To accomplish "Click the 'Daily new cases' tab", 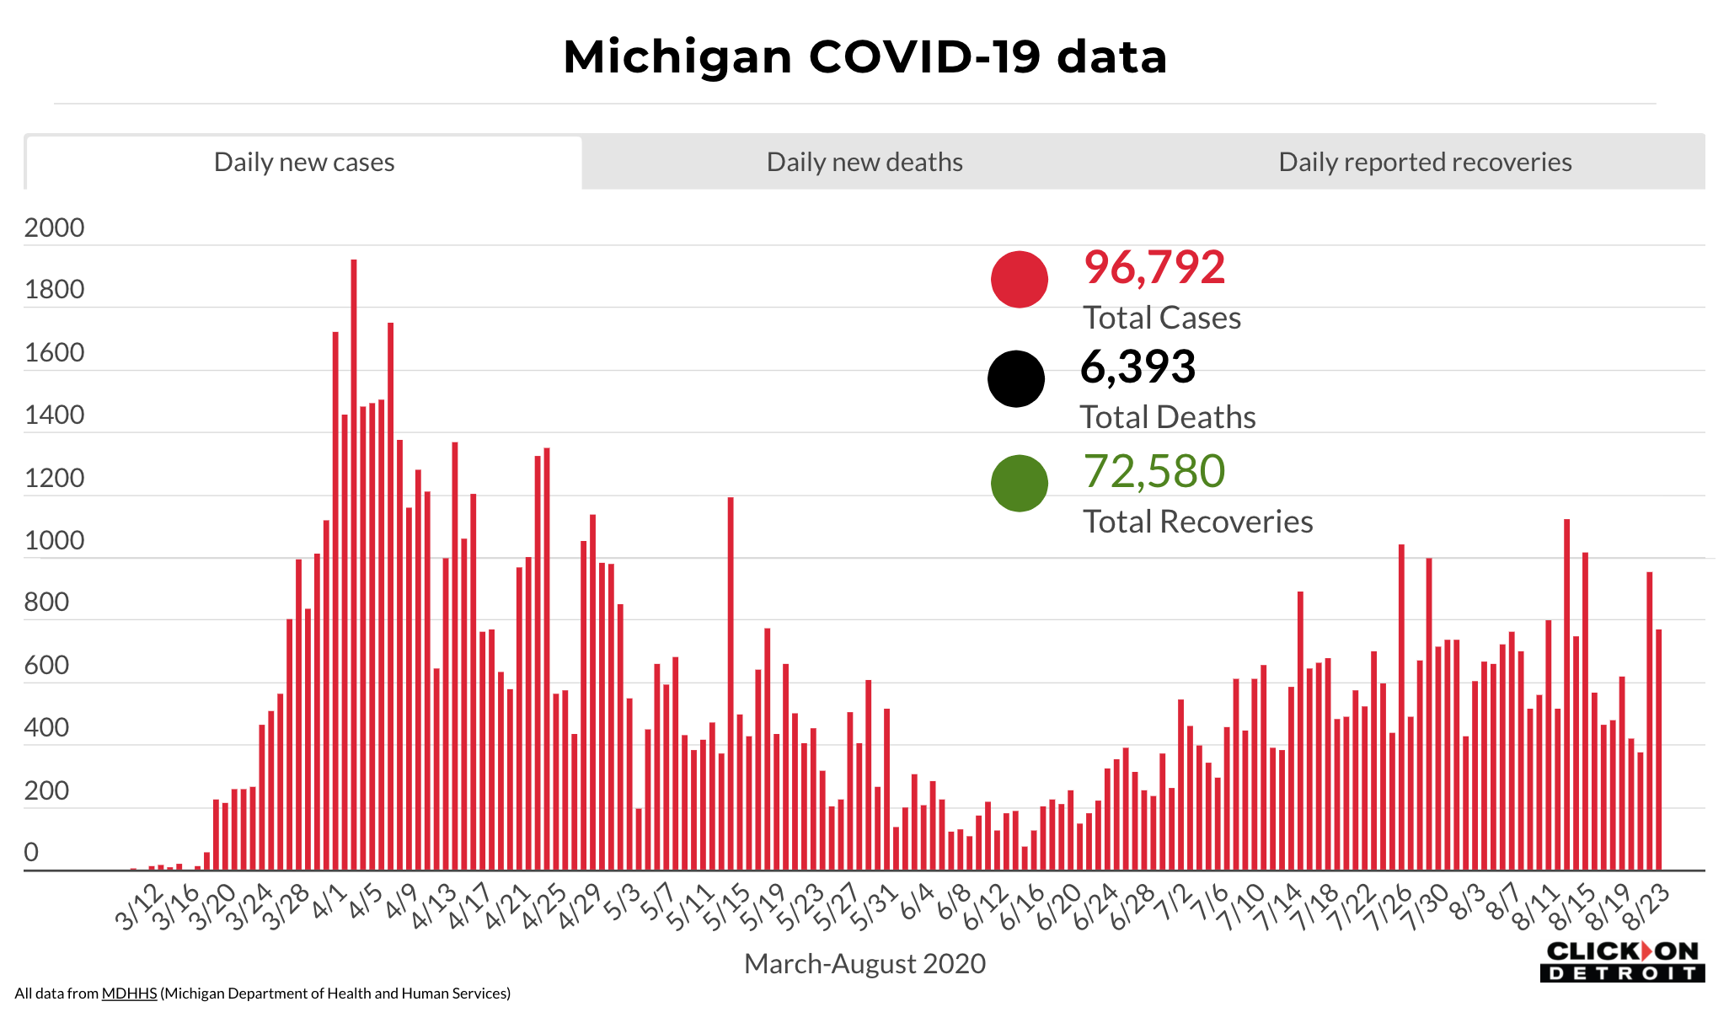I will pos(304,162).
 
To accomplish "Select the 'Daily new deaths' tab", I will pos(864,162).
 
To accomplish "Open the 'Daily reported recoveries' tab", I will pos(1425,162).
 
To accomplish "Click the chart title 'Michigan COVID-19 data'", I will pos(864,56).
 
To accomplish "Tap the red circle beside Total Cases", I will pos(1020,279).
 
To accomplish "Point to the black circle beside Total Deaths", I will pos(1016,378).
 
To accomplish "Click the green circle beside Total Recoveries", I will pos(1020,483).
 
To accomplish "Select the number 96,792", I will pos(1154,267).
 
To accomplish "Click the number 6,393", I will pos(1137,367).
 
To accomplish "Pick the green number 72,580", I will pos(1154,471).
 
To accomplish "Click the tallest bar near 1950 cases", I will pos(354,565).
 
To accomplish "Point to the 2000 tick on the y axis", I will pos(55,228).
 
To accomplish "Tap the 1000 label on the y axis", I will pos(55,540).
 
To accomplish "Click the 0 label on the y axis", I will pos(31,852).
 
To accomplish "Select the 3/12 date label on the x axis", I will pos(140,908).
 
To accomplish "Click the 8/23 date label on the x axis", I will pos(1646,908).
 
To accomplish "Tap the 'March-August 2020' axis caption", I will pos(864,963).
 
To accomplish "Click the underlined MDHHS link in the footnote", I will pos(129,994).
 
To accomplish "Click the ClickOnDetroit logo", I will pos(1622,961).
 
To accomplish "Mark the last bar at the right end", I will pos(1658,750).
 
